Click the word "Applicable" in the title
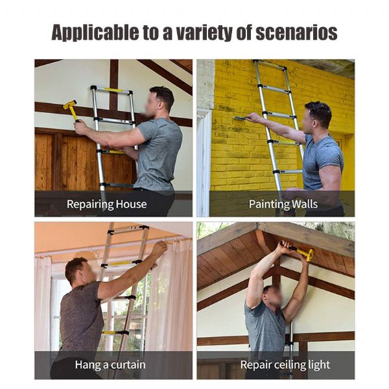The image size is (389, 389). click(x=95, y=33)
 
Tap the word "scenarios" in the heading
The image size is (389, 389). click(x=296, y=32)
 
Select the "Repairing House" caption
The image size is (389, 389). click(x=107, y=204)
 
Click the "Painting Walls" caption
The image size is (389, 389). click(x=283, y=204)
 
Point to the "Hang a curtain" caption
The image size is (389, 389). click(x=110, y=364)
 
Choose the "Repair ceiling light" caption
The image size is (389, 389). click(x=285, y=364)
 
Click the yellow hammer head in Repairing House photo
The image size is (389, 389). click(x=69, y=104)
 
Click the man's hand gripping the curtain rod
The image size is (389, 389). click(x=159, y=248)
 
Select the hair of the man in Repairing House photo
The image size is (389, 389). click(x=163, y=95)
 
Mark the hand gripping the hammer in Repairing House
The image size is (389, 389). click(x=80, y=126)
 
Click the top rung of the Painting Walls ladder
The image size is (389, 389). click(x=270, y=65)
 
